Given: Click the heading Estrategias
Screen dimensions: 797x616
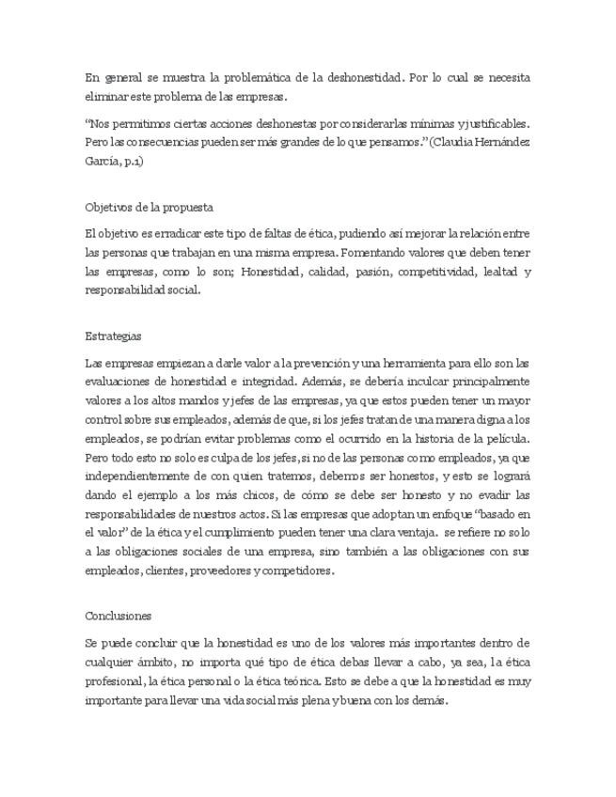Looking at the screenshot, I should (114, 336).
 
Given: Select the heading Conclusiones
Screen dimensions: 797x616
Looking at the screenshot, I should (118, 616).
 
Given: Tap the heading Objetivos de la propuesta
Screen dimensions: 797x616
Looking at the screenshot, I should (149, 207).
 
